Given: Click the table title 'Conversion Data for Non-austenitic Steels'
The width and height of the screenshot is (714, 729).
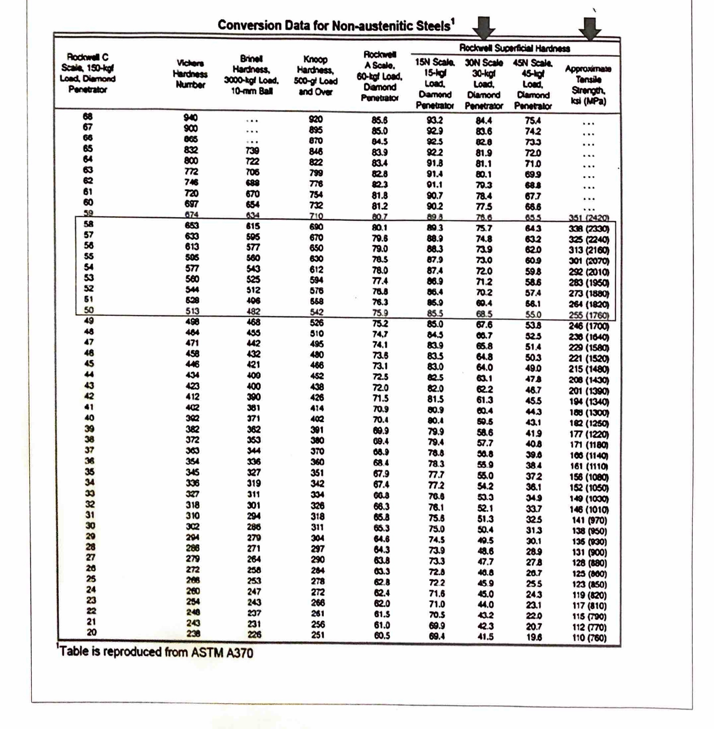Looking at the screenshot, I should (335, 26).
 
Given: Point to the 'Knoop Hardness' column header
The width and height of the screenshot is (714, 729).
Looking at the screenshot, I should (315, 75).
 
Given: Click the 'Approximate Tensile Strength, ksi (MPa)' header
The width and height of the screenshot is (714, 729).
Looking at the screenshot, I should (588, 85).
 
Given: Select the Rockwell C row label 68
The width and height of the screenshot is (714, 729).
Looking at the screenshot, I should (87, 116).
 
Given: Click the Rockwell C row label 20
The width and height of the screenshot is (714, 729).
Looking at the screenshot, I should (92, 632).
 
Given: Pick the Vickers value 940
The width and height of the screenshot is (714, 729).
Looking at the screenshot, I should (190, 118).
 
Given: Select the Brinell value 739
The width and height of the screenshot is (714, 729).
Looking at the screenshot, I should (252, 150).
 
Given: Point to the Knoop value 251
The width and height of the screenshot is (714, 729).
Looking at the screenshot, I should (317, 635).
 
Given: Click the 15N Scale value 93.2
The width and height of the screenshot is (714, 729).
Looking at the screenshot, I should (435, 120).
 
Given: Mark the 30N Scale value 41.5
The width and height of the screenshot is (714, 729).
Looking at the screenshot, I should (485, 636).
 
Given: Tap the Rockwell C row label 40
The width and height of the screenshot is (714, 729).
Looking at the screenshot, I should (89, 418).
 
